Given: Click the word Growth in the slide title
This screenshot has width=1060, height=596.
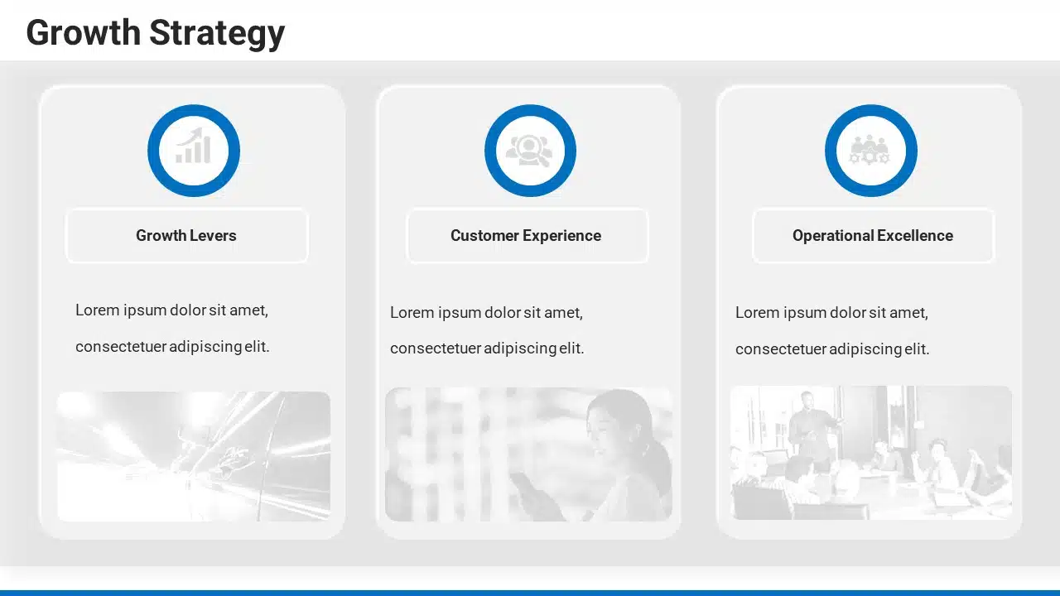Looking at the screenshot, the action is [x=84, y=33].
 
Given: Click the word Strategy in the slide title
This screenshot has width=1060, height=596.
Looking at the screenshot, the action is [x=217, y=34].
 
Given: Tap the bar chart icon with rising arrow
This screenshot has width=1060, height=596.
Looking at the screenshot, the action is [x=194, y=145].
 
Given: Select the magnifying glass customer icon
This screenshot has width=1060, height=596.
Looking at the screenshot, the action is [x=529, y=151].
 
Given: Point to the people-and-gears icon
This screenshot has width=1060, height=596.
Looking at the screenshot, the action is [x=870, y=150].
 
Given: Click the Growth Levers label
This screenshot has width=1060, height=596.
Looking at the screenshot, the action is [x=186, y=236].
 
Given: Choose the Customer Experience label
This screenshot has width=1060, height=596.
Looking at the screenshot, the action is [x=526, y=236].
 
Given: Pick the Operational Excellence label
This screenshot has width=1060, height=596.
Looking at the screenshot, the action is [x=873, y=236].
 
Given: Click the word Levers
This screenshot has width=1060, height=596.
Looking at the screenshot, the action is [x=213, y=236].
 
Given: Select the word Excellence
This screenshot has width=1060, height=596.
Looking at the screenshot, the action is [x=915, y=236].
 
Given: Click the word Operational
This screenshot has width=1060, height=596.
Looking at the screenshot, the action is [x=833, y=236].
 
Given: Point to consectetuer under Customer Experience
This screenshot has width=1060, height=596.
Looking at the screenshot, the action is [x=436, y=348].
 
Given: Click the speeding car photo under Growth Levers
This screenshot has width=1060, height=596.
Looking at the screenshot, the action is [x=194, y=456].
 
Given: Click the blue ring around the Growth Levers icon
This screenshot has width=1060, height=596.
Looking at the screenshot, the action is [x=194, y=110].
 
